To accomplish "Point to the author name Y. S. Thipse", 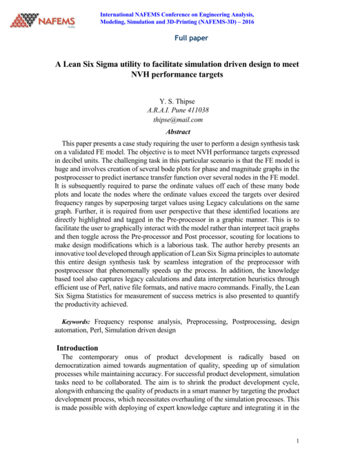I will click(179, 101).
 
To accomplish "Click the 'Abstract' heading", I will click(179, 131).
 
